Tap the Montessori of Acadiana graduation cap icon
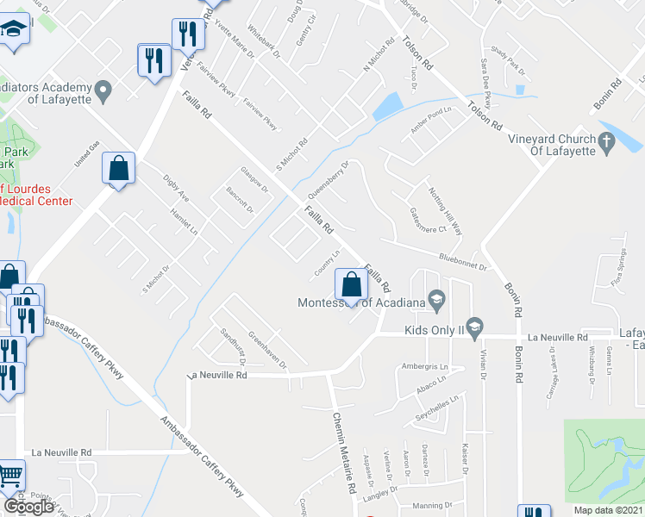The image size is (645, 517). click(x=437, y=301)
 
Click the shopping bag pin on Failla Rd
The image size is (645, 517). click(x=352, y=283)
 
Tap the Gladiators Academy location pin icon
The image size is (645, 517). click(x=103, y=89)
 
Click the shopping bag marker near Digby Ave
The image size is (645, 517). click(x=119, y=169)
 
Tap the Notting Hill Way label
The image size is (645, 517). click(x=445, y=210)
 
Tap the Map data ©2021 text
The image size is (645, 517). click(x=610, y=510)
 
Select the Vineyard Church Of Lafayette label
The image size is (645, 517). click(x=551, y=145)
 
